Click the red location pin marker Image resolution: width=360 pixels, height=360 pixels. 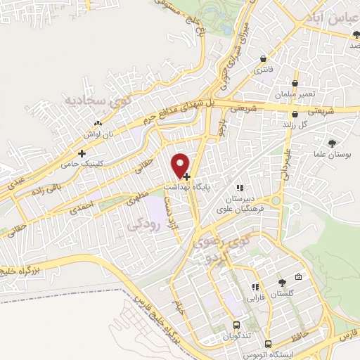(x=181, y=165)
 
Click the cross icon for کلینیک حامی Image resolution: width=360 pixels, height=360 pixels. (x=82, y=153)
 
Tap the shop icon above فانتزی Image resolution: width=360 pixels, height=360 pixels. (x=263, y=59)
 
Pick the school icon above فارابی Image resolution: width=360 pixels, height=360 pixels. (x=255, y=287)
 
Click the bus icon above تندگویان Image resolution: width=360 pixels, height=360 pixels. (x=236, y=326)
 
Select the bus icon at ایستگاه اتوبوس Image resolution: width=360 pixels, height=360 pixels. (x=268, y=345)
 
